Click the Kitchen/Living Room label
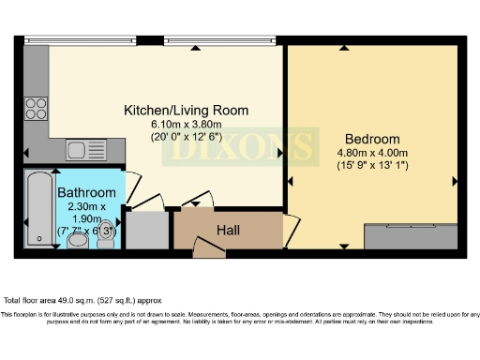click(x=187, y=110)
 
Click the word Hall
click(x=230, y=229)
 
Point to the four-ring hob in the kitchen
click(x=37, y=108)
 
